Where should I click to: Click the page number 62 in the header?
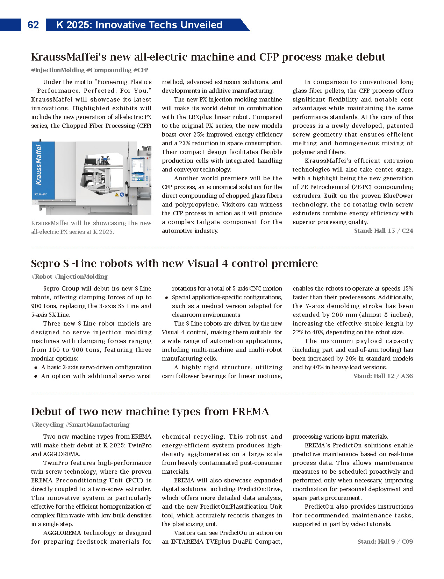tap(33, 25)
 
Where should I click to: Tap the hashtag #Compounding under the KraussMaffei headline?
tap(109, 70)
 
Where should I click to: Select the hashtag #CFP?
tap(141, 70)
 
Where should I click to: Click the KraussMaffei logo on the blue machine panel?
tap(38, 165)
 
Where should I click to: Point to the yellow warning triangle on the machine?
tap(117, 195)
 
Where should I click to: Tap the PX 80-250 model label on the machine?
tap(41, 194)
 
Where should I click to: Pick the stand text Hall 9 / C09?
tap(385, 542)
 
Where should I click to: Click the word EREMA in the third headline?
tap(250, 412)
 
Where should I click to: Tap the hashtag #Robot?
tap(42, 277)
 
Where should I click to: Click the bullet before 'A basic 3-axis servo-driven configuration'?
tap(36, 368)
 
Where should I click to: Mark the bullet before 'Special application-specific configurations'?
tap(167, 298)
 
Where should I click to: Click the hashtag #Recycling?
tap(47, 425)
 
